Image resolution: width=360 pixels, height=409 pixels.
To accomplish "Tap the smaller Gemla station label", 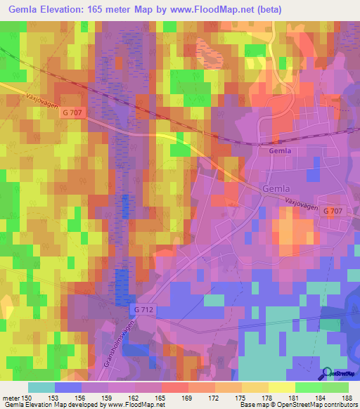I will [280, 150].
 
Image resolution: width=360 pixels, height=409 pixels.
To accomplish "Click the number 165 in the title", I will [115, 9].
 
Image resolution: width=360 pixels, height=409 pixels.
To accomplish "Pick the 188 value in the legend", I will [347, 398].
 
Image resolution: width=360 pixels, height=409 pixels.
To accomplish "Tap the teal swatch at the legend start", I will [41, 387].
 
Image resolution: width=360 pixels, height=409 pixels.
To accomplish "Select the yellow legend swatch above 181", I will [282, 387].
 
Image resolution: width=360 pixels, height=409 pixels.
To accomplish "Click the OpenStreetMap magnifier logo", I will [328, 375].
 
